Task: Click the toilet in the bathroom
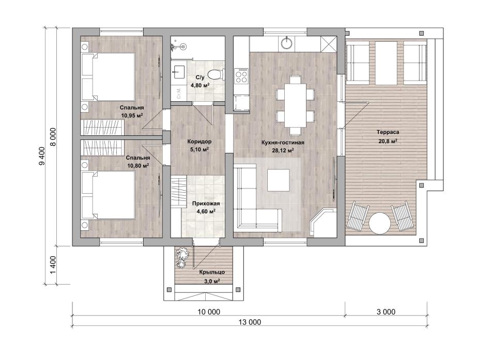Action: pyautogui.click(x=216, y=74)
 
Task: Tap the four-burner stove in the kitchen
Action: pyautogui.click(x=241, y=76)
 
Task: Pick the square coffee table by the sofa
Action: pyautogui.click(x=279, y=180)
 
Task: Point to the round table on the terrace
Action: pyautogui.click(x=380, y=223)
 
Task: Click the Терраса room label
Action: pyautogui.click(x=388, y=132)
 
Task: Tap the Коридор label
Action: pyautogui.click(x=199, y=142)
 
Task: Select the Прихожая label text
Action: pyautogui.click(x=206, y=204)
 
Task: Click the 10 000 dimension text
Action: pyautogui.click(x=209, y=312)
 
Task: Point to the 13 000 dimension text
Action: pyautogui.click(x=250, y=322)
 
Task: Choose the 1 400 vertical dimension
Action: pyautogui.click(x=53, y=265)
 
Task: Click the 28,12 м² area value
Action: pyautogui.click(x=283, y=151)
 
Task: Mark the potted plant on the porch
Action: pyautogui.click(x=182, y=258)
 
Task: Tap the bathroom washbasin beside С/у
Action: pyautogui.click(x=178, y=73)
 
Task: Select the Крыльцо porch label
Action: pyautogui.click(x=212, y=272)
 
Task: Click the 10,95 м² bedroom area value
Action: pyautogui.click(x=132, y=115)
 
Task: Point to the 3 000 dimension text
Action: pyautogui.click(x=386, y=312)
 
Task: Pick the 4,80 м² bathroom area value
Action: pyautogui.click(x=200, y=85)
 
